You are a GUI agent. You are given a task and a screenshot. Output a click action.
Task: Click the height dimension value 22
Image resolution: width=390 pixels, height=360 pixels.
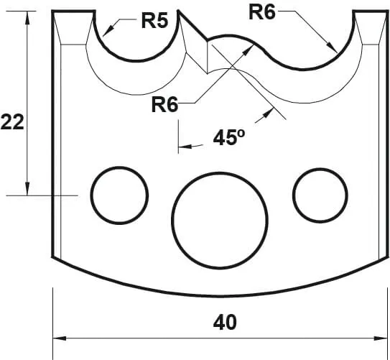[x=12, y=122]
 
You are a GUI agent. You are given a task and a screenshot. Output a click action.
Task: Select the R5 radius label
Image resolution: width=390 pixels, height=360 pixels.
[x=154, y=20]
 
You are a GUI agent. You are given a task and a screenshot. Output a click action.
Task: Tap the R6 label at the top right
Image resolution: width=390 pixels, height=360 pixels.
[x=262, y=11]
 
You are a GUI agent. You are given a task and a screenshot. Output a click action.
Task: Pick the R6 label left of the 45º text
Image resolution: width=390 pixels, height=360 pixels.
[x=164, y=105]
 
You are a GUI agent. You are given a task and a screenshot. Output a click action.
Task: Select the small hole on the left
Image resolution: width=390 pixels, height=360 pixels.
[x=119, y=194]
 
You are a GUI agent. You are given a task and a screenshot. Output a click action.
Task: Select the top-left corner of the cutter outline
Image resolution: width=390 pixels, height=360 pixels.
[x=53, y=11]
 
